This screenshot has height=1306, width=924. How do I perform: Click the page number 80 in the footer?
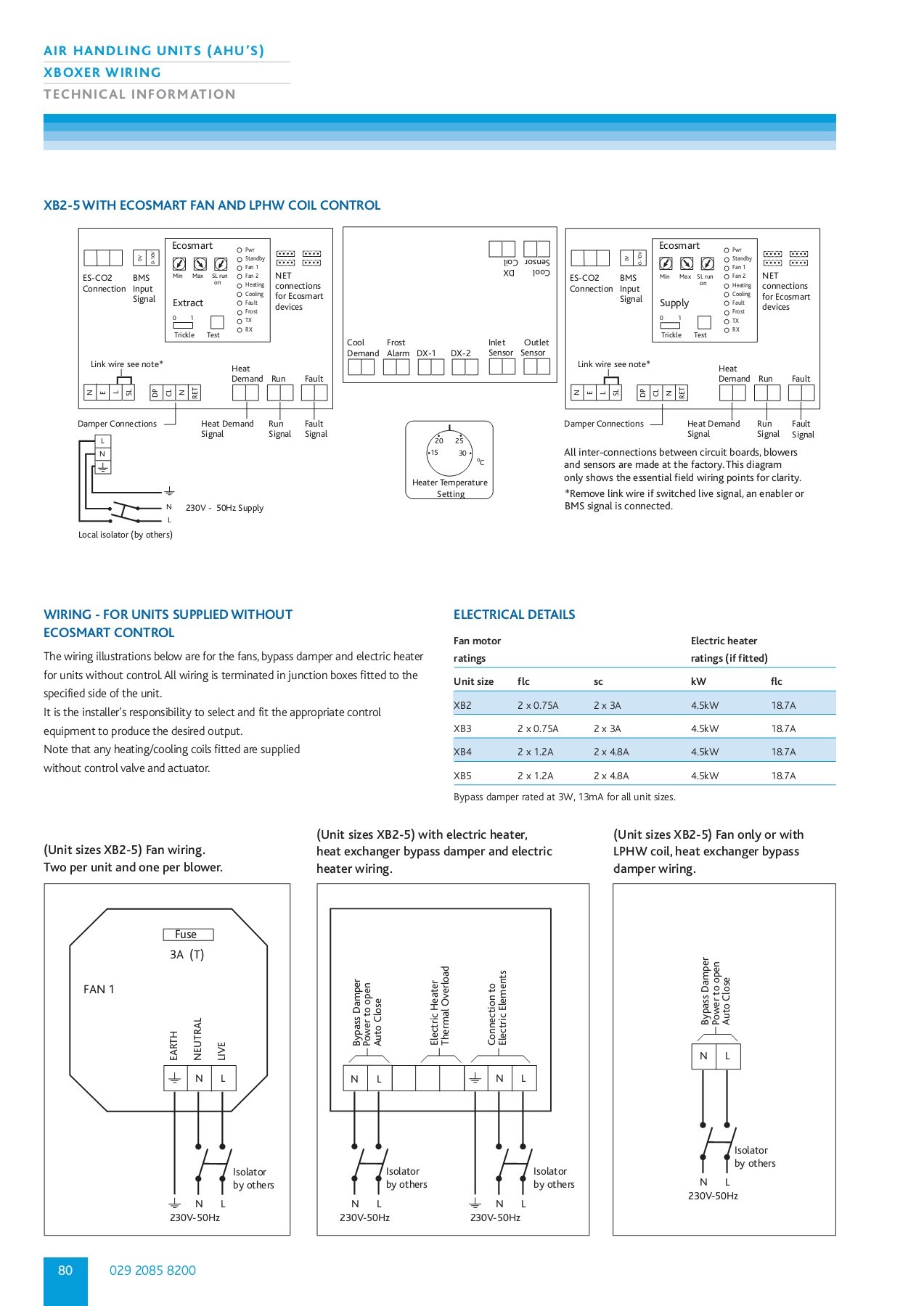pyautogui.click(x=65, y=1270)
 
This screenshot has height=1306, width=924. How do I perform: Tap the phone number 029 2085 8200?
pyautogui.click(x=152, y=1270)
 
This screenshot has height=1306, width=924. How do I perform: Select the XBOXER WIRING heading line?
pyautogui.click(x=102, y=73)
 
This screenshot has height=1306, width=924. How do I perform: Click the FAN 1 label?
pyautogui.click(x=99, y=989)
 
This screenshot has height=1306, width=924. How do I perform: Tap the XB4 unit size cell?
pyautogui.click(x=462, y=752)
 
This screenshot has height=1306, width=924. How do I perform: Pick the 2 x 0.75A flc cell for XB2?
pyautogui.click(x=538, y=705)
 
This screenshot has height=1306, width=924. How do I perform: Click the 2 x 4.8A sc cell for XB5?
pyautogui.click(x=611, y=776)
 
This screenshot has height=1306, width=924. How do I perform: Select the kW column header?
pyautogui.click(x=698, y=681)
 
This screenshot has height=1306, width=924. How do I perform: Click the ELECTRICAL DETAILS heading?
pyautogui.click(x=514, y=615)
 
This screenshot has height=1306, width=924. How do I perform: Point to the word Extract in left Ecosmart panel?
pyautogui.click(x=188, y=303)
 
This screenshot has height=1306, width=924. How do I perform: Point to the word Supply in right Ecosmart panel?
pyautogui.click(x=674, y=303)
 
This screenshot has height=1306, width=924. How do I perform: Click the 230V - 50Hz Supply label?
pyautogui.click(x=224, y=508)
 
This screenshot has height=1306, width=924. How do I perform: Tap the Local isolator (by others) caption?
pyautogui.click(x=126, y=535)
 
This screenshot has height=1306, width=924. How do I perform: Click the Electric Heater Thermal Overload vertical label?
pyautogui.click(x=440, y=1005)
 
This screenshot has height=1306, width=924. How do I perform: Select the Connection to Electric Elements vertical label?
pyautogui.click(x=497, y=1007)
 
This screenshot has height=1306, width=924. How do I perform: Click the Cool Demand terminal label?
pyautogui.click(x=362, y=348)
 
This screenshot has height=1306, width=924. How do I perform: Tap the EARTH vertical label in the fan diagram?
pyautogui.click(x=173, y=1045)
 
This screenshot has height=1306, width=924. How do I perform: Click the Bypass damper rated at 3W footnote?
pyautogui.click(x=564, y=797)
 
